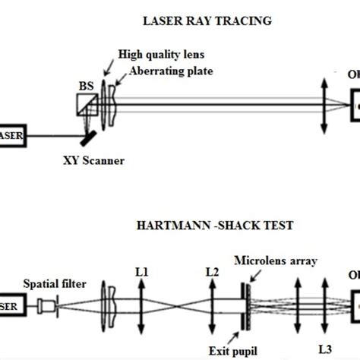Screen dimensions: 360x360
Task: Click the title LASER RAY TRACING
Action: [x=207, y=21]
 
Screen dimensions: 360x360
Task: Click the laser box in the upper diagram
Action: [x=14, y=135]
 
